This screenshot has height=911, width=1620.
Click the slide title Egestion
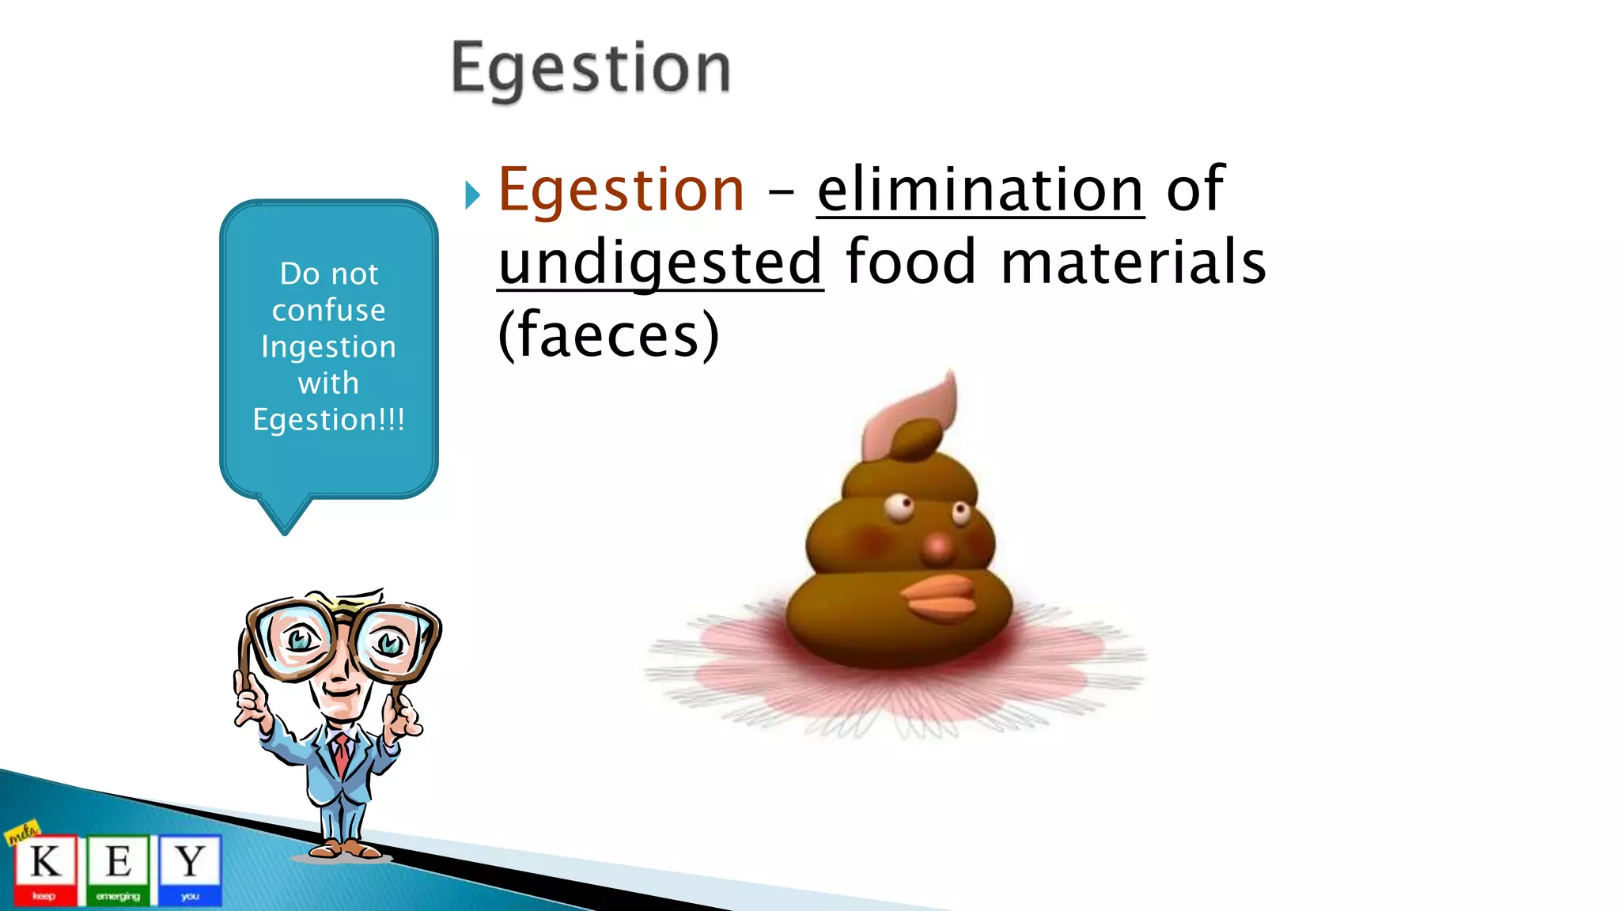pos(590,70)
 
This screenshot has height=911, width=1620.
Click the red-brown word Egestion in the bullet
pos(621,190)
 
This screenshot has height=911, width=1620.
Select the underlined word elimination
pos(980,190)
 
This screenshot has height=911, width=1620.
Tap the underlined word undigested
pos(660,263)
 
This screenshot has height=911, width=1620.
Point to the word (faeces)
pos(608,335)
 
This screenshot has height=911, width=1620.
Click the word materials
pos(1133,263)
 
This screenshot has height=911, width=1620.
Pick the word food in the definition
pos(910,263)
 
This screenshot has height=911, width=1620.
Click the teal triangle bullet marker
pos(472,195)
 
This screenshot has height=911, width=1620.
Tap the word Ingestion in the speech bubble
pos(328,346)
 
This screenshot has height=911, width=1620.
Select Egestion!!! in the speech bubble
pos(328,419)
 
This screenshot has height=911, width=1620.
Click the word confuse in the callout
pos(328,310)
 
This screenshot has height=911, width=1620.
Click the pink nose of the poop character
pos(938,546)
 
